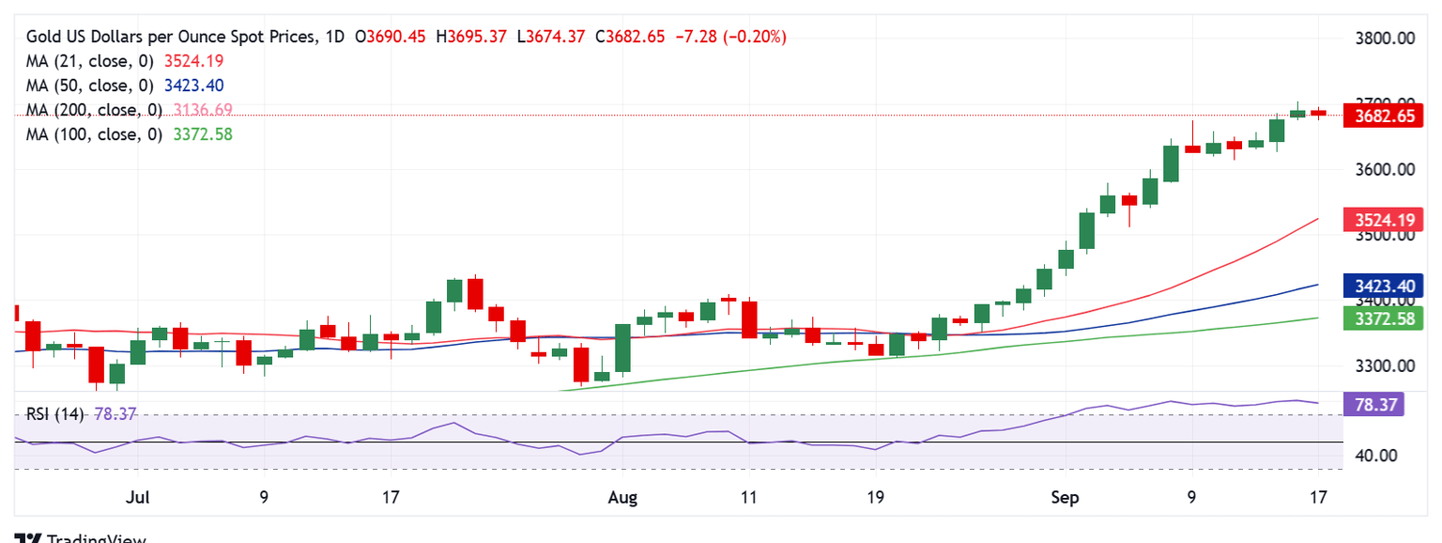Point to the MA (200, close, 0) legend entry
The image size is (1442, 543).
coord(94,110)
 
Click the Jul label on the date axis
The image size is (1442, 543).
coord(138,497)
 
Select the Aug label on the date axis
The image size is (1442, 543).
coord(621,497)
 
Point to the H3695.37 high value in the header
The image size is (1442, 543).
coord(476,37)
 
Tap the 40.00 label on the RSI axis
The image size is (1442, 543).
coord(1376,456)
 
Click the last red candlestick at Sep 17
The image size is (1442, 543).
coord(1318,113)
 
